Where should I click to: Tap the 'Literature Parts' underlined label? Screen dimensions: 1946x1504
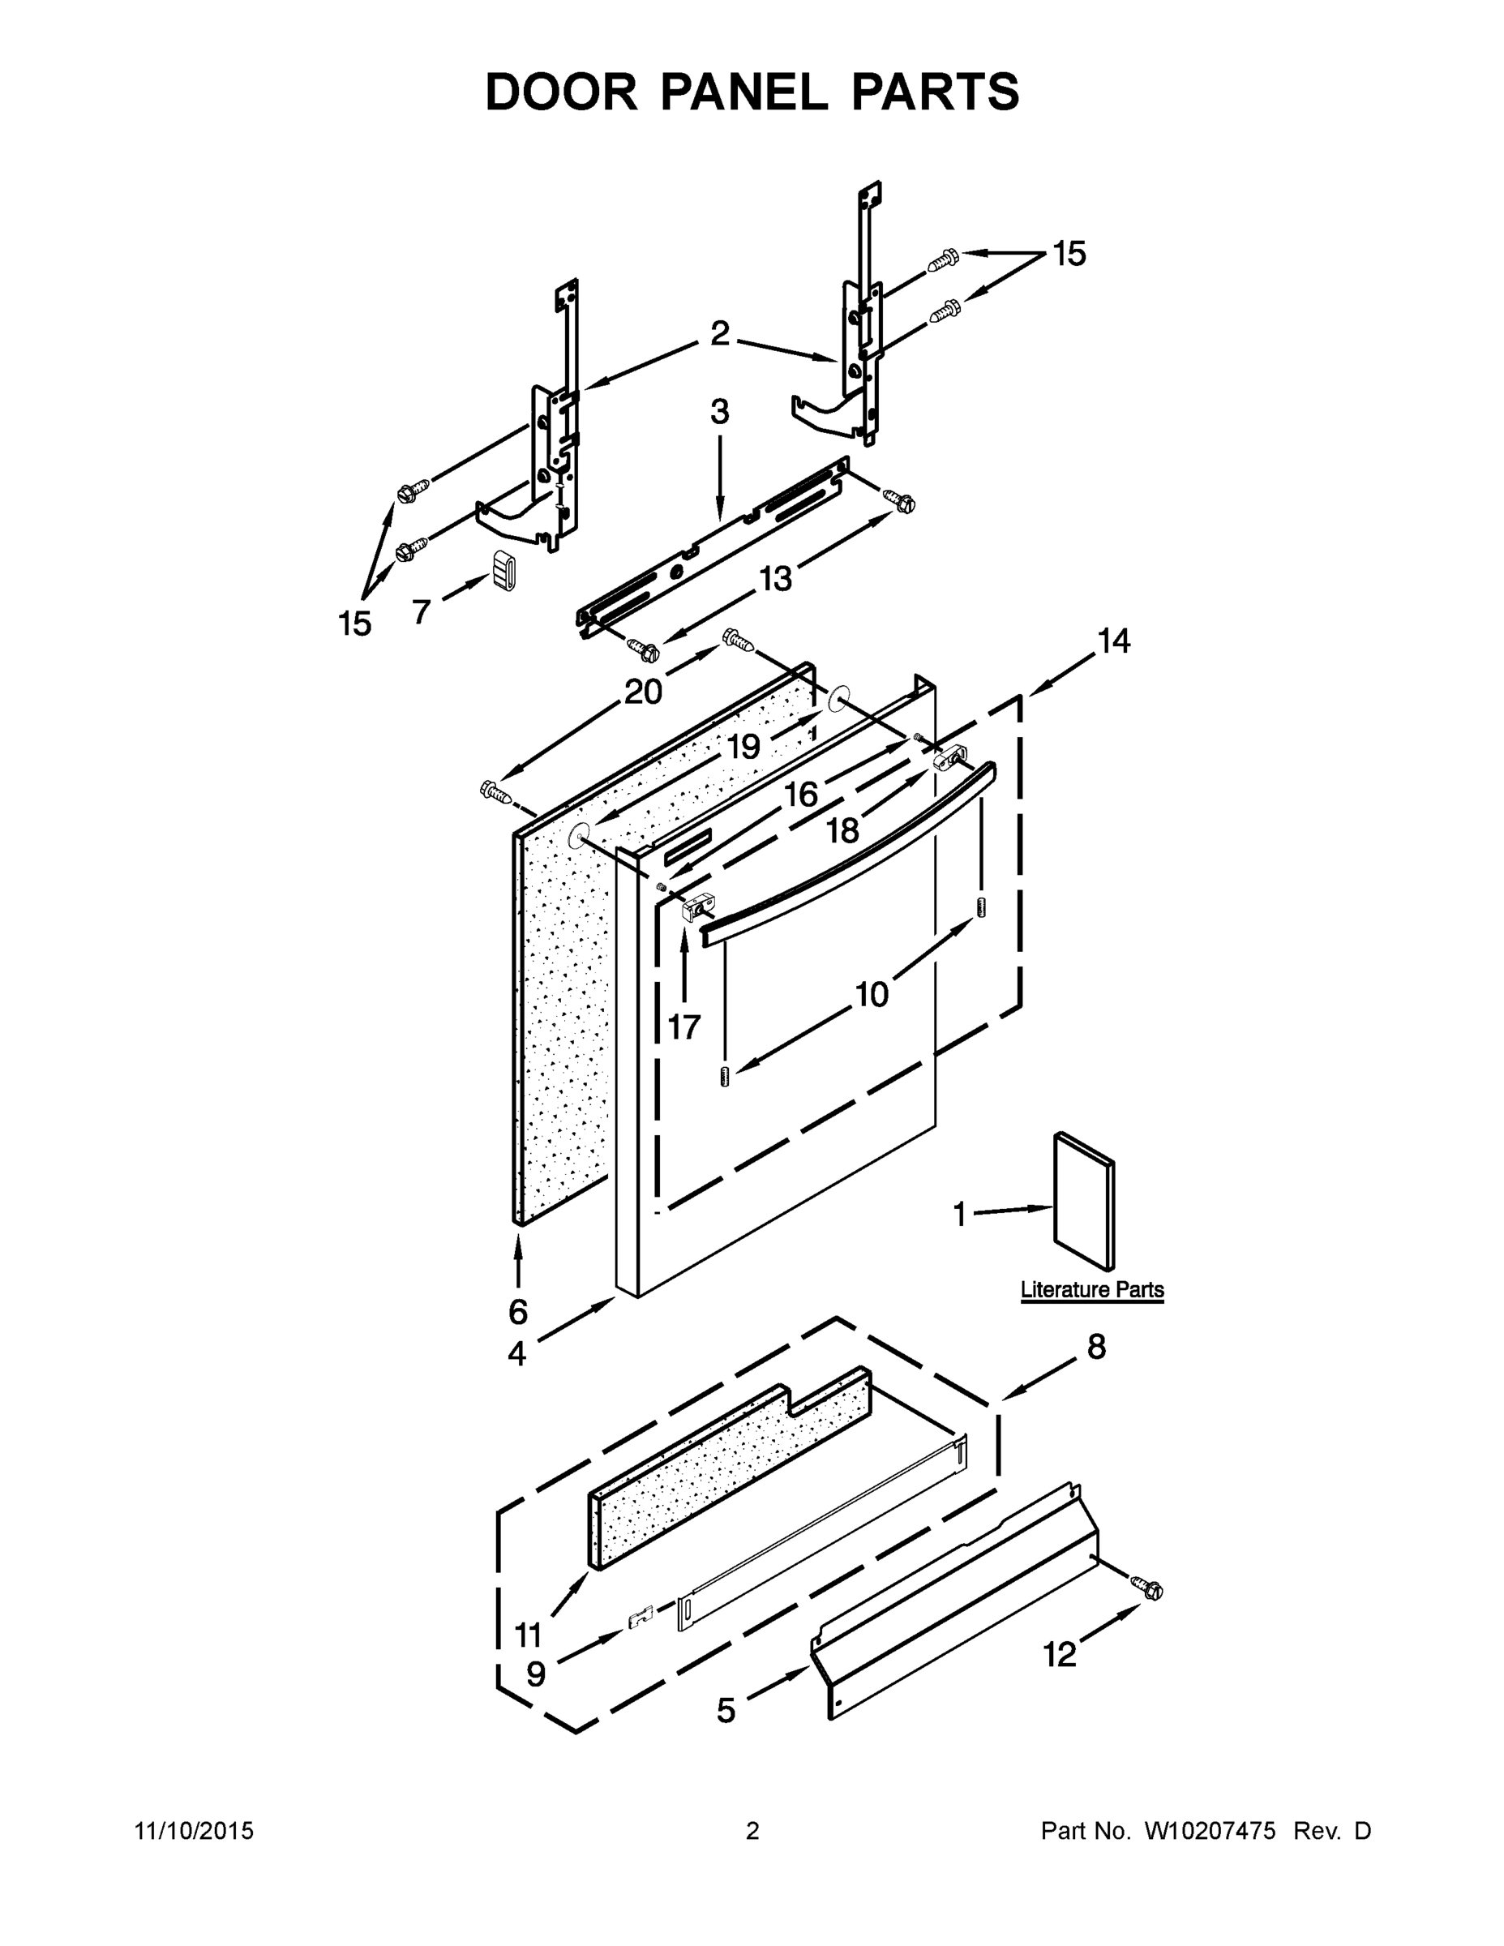click(1091, 1289)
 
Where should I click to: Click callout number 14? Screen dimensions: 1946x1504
click(1114, 640)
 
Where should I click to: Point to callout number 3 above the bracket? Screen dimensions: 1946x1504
click(720, 412)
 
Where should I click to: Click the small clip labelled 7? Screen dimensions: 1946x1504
click(505, 568)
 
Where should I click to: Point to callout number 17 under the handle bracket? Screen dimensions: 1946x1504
click(684, 1027)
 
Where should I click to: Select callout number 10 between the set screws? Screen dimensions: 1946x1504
click(872, 994)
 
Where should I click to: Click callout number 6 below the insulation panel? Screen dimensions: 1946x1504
click(517, 1312)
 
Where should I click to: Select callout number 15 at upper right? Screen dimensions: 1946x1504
click(1069, 254)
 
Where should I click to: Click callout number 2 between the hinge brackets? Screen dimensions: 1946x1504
click(720, 334)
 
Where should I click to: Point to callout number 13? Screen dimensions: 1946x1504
click(775, 579)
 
